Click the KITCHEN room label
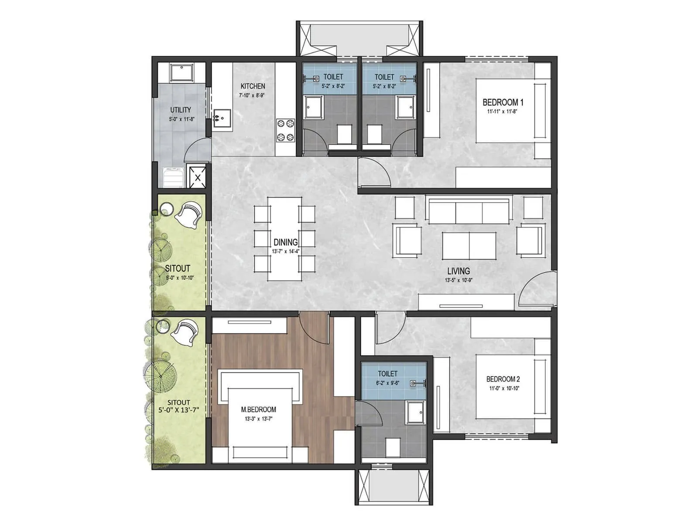(253, 86)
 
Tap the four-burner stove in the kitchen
(285, 131)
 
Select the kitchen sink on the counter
(222, 118)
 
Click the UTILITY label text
(181, 110)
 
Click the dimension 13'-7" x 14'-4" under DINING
(285, 252)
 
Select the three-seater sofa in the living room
(469, 211)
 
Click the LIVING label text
(458, 271)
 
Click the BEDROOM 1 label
(503, 103)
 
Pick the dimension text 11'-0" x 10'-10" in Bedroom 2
(503, 388)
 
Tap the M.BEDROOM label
(258, 410)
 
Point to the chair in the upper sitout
(189, 214)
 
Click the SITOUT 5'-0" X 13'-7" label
(179, 406)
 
